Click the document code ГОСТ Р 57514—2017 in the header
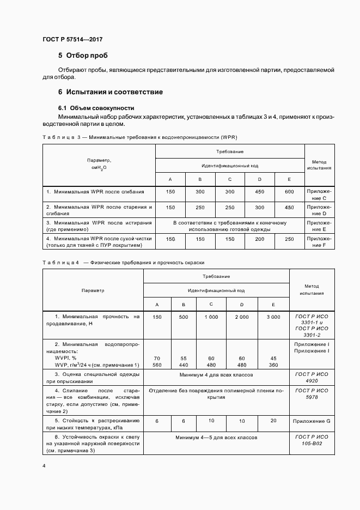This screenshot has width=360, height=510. (72, 39)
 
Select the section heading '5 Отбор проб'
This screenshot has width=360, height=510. (83, 56)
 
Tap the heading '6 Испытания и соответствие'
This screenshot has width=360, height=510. (111, 92)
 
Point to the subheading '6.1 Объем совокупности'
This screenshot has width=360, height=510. (96, 108)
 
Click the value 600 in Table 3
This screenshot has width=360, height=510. (289, 192)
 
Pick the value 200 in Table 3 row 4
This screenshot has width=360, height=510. (259, 239)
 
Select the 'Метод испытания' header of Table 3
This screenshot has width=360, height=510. (319, 165)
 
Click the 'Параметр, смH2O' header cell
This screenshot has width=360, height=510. (99, 165)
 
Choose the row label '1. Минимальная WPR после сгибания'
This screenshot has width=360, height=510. (95, 192)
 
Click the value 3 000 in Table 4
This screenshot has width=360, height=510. (273, 317)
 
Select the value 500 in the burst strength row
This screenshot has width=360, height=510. (184, 317)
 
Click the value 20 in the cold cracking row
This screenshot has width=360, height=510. (273, 421)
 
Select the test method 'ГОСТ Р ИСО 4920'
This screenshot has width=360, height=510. (315, 379)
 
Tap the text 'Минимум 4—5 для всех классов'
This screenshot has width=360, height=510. (216, 438)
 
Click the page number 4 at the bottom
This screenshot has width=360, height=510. (44, 466)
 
